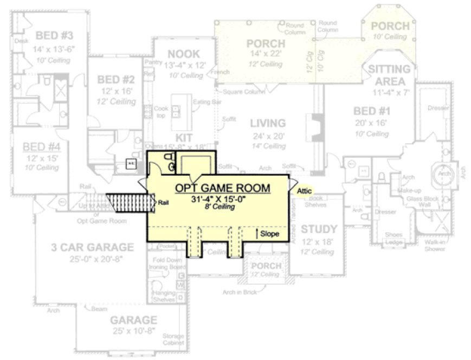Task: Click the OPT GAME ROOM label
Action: (x=222, y=188)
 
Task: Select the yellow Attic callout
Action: (x=304, y=191)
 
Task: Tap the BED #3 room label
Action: (x=54, y=36)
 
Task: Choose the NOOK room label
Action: (x=183, y=54)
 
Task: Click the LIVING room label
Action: (x=268, y=124)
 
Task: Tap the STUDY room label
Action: (x=319, y=228)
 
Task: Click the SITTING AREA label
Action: (x=390, y=75)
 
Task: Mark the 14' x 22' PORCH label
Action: (x=266, y=43)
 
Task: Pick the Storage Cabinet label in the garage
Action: (x=173, y=339)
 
